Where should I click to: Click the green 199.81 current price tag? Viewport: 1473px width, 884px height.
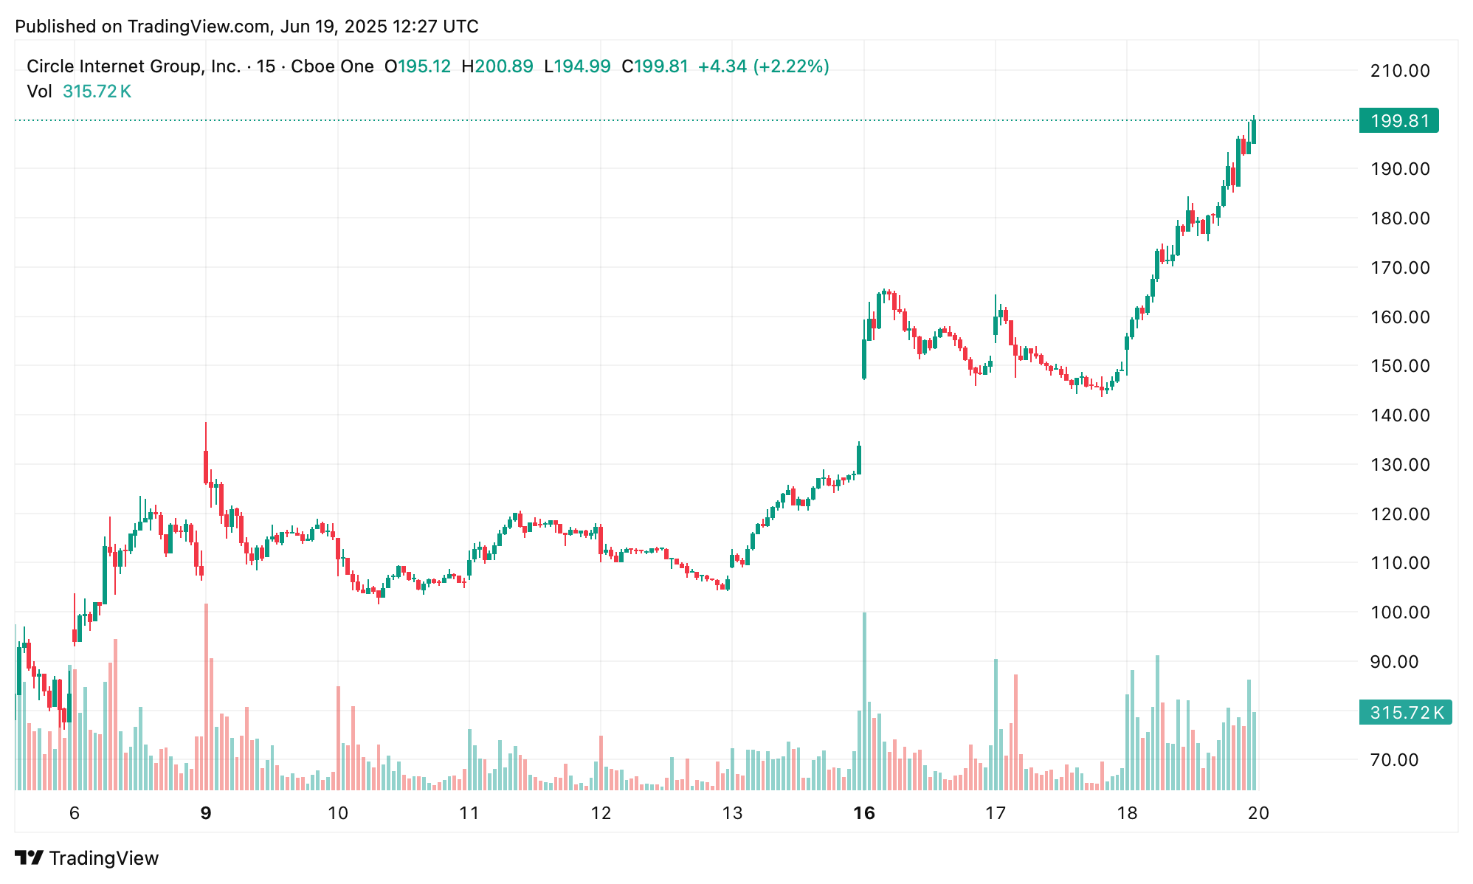pyautogui.click(x=1398, y=120)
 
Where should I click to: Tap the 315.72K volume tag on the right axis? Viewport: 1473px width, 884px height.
pyautogui.click(x=1405, y=712)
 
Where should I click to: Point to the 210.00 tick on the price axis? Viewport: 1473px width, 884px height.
pyautogui.click(x=1399, y=71)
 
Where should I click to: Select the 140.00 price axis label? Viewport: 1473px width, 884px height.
pyautogui.click(x=1399, y=415)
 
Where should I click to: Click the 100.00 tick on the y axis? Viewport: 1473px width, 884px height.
pyautogui.click(x=1399, y=612)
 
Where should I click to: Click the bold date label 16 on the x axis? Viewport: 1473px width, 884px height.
pyautogui.click(x=863, y=813)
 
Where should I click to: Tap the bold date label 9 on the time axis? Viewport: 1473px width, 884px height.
pyautogui.click(x=206, y=813)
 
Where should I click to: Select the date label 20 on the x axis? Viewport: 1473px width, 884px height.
pyautogui.click(x=1258, y=813)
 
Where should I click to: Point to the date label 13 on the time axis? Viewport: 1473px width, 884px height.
pyautogui.click(x=732, y=813)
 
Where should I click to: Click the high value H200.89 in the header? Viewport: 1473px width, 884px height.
pyautogui.click(x=497, y=66)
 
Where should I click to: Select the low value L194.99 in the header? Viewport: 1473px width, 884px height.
pyautogui.click(x=577, y=66)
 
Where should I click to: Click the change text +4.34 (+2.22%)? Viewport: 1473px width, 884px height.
pyautogui.click(x=763, y=66)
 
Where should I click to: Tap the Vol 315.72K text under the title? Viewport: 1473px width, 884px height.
pyautogui.click(x=79, y=91)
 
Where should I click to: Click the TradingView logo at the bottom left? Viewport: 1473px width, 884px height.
pyautogui.click(x=87, y=858)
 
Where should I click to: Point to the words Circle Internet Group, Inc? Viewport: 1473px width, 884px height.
pyautogui.click(x=134, y=66)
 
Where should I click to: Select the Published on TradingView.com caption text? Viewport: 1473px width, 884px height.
pyautogui.click(x=246, y=27)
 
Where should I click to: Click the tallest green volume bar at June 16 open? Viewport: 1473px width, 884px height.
pyautogui.click(x=864, y=701)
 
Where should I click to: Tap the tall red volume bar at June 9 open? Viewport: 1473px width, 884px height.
pyautogui.click(x=206, y=697)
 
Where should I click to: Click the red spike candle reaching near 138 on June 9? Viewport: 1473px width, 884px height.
pyautogui.click(x=206, y=457)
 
